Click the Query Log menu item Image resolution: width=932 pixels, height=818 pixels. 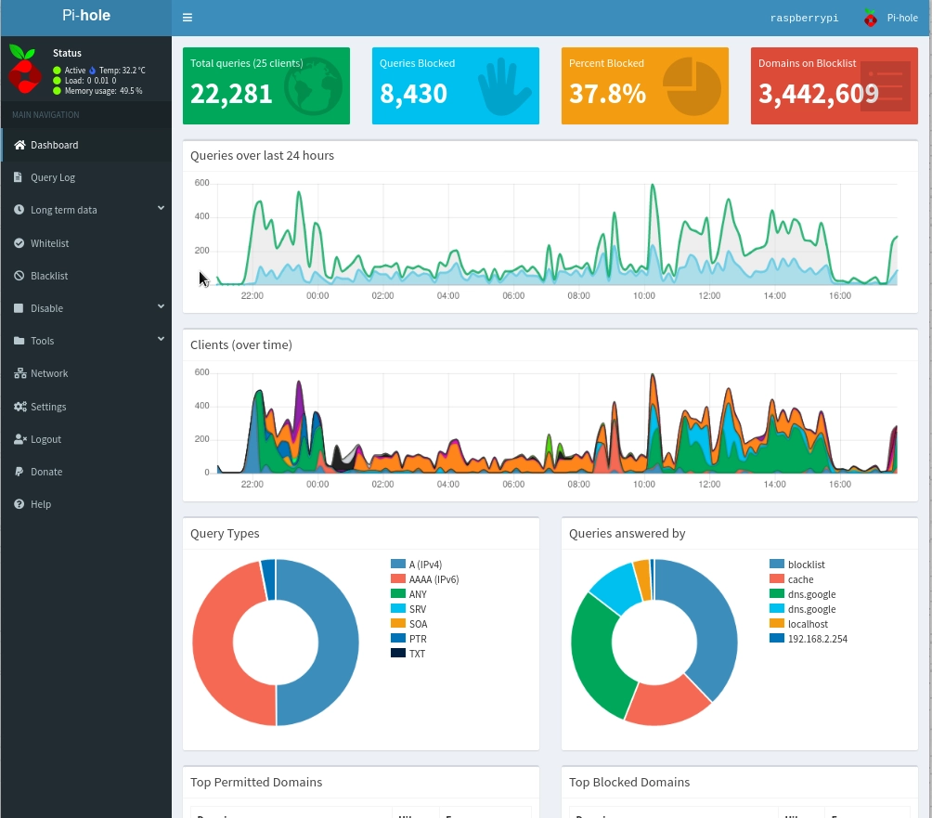tap(52, 177)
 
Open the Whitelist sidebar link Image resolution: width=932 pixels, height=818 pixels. tap(49, 243)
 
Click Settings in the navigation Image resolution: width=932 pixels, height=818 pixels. tap(48, 407)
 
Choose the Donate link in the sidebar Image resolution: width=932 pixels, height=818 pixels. tap(46, 472)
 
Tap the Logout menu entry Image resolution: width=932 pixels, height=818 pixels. tap(45, 439)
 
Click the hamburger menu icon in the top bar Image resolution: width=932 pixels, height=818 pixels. tap(188, 18)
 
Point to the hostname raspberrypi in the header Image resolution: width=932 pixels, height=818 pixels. tap(804, 18)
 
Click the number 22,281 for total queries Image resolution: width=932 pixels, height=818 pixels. tap(231, 94)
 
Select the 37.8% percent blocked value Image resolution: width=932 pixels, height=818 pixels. tap(607, 94)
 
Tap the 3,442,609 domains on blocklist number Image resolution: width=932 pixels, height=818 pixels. tap(818, 94)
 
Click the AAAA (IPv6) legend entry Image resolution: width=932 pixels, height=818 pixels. tap(434, 579)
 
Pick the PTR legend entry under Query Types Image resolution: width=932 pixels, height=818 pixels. tap(418, 639)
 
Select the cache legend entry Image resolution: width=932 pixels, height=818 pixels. tap(800, 579)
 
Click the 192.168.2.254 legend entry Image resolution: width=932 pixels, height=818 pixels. tap(817, 639)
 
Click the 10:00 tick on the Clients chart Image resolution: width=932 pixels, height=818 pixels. tap(644, 484)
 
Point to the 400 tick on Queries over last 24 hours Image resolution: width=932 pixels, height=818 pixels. tap(201, 216)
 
